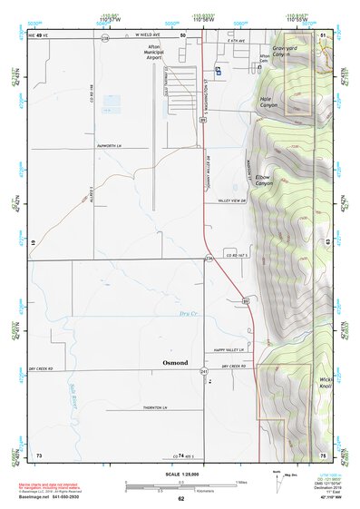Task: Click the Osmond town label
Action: (175, 362)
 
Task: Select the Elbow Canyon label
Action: (264, 179)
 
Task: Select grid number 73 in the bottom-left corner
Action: (38, 455)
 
